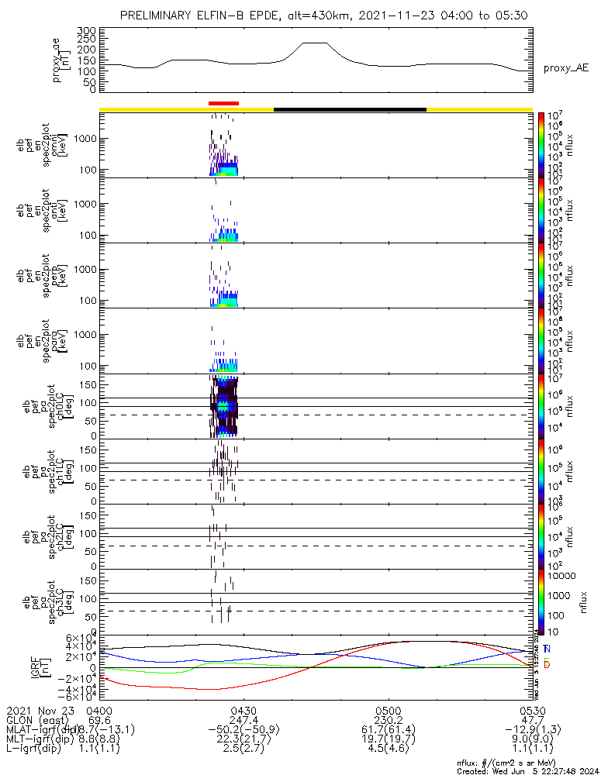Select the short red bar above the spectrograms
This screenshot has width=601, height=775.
(x=223, y=102)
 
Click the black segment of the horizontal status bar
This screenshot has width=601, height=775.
(x=350, y=109)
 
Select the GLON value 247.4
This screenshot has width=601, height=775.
(x=244, y=721)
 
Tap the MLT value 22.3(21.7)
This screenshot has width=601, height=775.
(x=244, y=741)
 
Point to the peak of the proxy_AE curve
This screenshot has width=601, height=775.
(x=315, y=43)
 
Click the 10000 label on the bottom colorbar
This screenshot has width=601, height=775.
(x=561, y=576)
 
